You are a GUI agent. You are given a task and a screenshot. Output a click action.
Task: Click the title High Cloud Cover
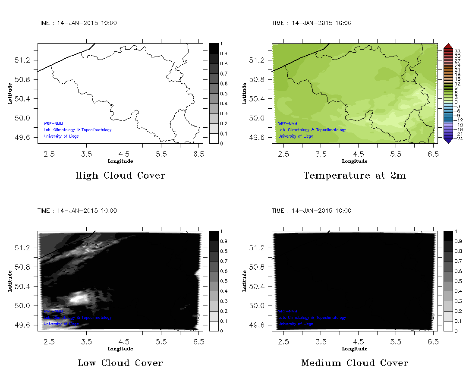click(x=120, y=176)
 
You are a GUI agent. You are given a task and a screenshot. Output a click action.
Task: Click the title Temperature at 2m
click(x=355, y=176)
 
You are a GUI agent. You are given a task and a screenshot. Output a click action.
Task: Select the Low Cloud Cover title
click(x=120, y=363)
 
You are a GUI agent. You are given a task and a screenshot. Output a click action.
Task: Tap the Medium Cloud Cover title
click(x=355, y=363)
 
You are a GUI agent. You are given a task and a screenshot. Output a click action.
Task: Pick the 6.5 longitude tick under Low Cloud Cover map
click(x=199, y=341)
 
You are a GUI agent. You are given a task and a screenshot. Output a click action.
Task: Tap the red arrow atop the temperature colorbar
click(x=448, y=46)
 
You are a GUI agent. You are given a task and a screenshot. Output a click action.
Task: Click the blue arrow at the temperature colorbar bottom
click(x=448, y=140)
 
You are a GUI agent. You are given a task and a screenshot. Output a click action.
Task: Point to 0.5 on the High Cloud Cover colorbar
click(x=224, y=94)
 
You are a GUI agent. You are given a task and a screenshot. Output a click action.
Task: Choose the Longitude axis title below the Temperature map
click(x=355, y=161)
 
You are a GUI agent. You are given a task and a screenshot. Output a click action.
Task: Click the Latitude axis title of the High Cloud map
click(x=9, y=93)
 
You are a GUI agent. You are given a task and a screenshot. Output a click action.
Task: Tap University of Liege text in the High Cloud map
click(x=61, y=136)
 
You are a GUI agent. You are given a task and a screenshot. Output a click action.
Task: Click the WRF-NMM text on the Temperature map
click(x=287, y=123)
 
